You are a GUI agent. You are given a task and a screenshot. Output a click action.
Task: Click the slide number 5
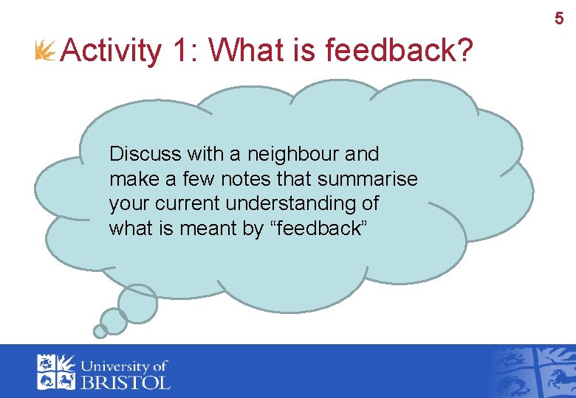(x=559, y=19)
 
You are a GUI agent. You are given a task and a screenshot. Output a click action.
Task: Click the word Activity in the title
(x=112, y=52)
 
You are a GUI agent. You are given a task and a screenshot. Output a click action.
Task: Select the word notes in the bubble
(x=263, y=179)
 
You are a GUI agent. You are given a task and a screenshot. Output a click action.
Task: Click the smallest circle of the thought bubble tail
(x=100, y=332)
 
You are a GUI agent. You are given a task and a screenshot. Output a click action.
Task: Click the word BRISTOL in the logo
(x=126, y=383)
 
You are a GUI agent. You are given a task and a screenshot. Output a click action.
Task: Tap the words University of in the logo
(x=125, y=366)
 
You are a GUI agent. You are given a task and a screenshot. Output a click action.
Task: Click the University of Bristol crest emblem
(x=57, y=371)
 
